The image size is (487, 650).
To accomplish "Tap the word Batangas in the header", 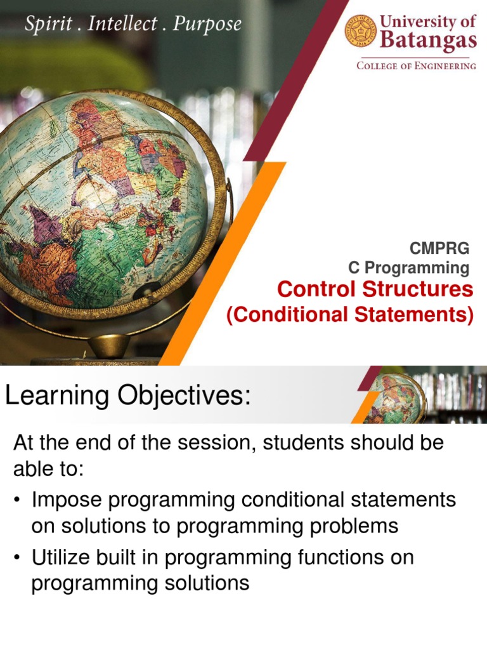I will [x=427, y=41].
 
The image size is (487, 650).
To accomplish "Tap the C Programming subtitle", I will [x=409, y=267].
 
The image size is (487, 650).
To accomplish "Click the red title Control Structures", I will [x=375, y=289].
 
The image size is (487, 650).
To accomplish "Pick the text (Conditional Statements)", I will [x=350, y=315].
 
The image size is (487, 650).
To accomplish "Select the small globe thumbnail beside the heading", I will [x=394, y=398].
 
